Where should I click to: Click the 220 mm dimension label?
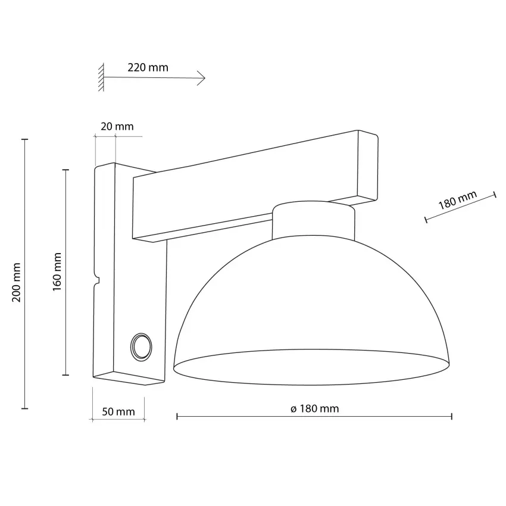pos(148,67)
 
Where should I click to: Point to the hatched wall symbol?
pos(101,77)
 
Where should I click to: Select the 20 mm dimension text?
pos(117,126)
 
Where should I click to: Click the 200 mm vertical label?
pos(17,282)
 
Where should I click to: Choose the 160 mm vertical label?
pos(57,271)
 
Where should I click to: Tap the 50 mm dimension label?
pos(118,412)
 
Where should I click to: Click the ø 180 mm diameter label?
pos(315,409)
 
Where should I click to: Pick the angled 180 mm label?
pos(457,200)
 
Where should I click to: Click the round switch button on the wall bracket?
pos(141,347)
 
